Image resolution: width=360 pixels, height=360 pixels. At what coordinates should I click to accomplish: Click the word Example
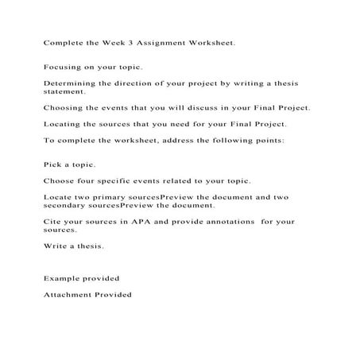click(63, 279)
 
